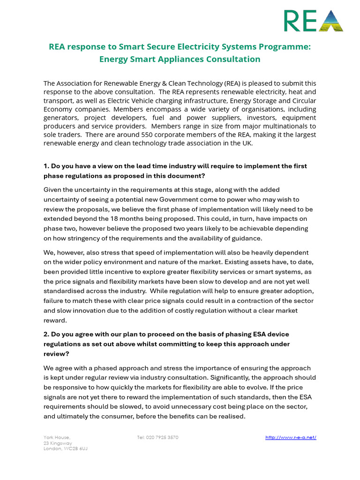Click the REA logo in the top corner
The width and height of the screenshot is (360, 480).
coord(314,21)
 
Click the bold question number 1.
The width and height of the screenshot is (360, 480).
coord(46,166)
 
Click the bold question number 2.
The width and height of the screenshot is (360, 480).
coord(46,334)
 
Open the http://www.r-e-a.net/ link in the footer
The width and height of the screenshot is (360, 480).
coord(291,437)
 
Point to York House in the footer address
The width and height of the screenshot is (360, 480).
coord(57,437)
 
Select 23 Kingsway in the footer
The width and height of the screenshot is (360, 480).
coord(58,443)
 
